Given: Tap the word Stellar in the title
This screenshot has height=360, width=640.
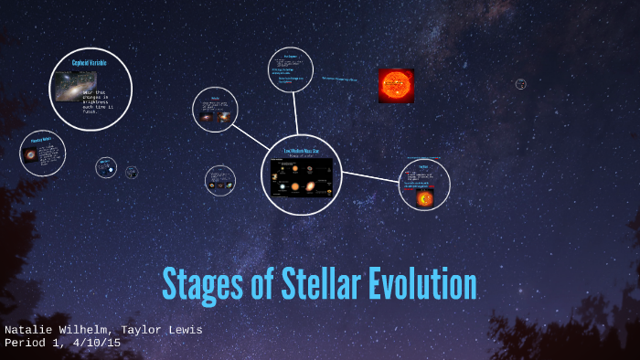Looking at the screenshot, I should [x=314, y=284].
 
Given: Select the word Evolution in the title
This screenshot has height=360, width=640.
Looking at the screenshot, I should [x=422, y=284].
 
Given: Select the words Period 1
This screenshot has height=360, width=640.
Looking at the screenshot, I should [x=34, y=343].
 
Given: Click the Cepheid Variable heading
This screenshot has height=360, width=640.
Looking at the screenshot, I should [x=90, y=63].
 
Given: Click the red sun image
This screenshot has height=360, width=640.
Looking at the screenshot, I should [x=396, y=85].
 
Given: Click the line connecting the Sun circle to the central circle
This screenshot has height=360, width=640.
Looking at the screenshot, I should [x=370, y=177].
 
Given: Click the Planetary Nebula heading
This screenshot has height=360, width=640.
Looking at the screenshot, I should [x=41, y=141].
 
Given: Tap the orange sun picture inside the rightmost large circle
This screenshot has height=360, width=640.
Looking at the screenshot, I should [x=424, y=197].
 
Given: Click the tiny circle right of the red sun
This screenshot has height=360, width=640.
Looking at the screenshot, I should [x=520, y=84].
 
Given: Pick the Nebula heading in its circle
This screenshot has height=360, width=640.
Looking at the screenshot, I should [x=215, y=98].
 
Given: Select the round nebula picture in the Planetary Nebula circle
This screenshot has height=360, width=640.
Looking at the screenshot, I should [x=30, y=155].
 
